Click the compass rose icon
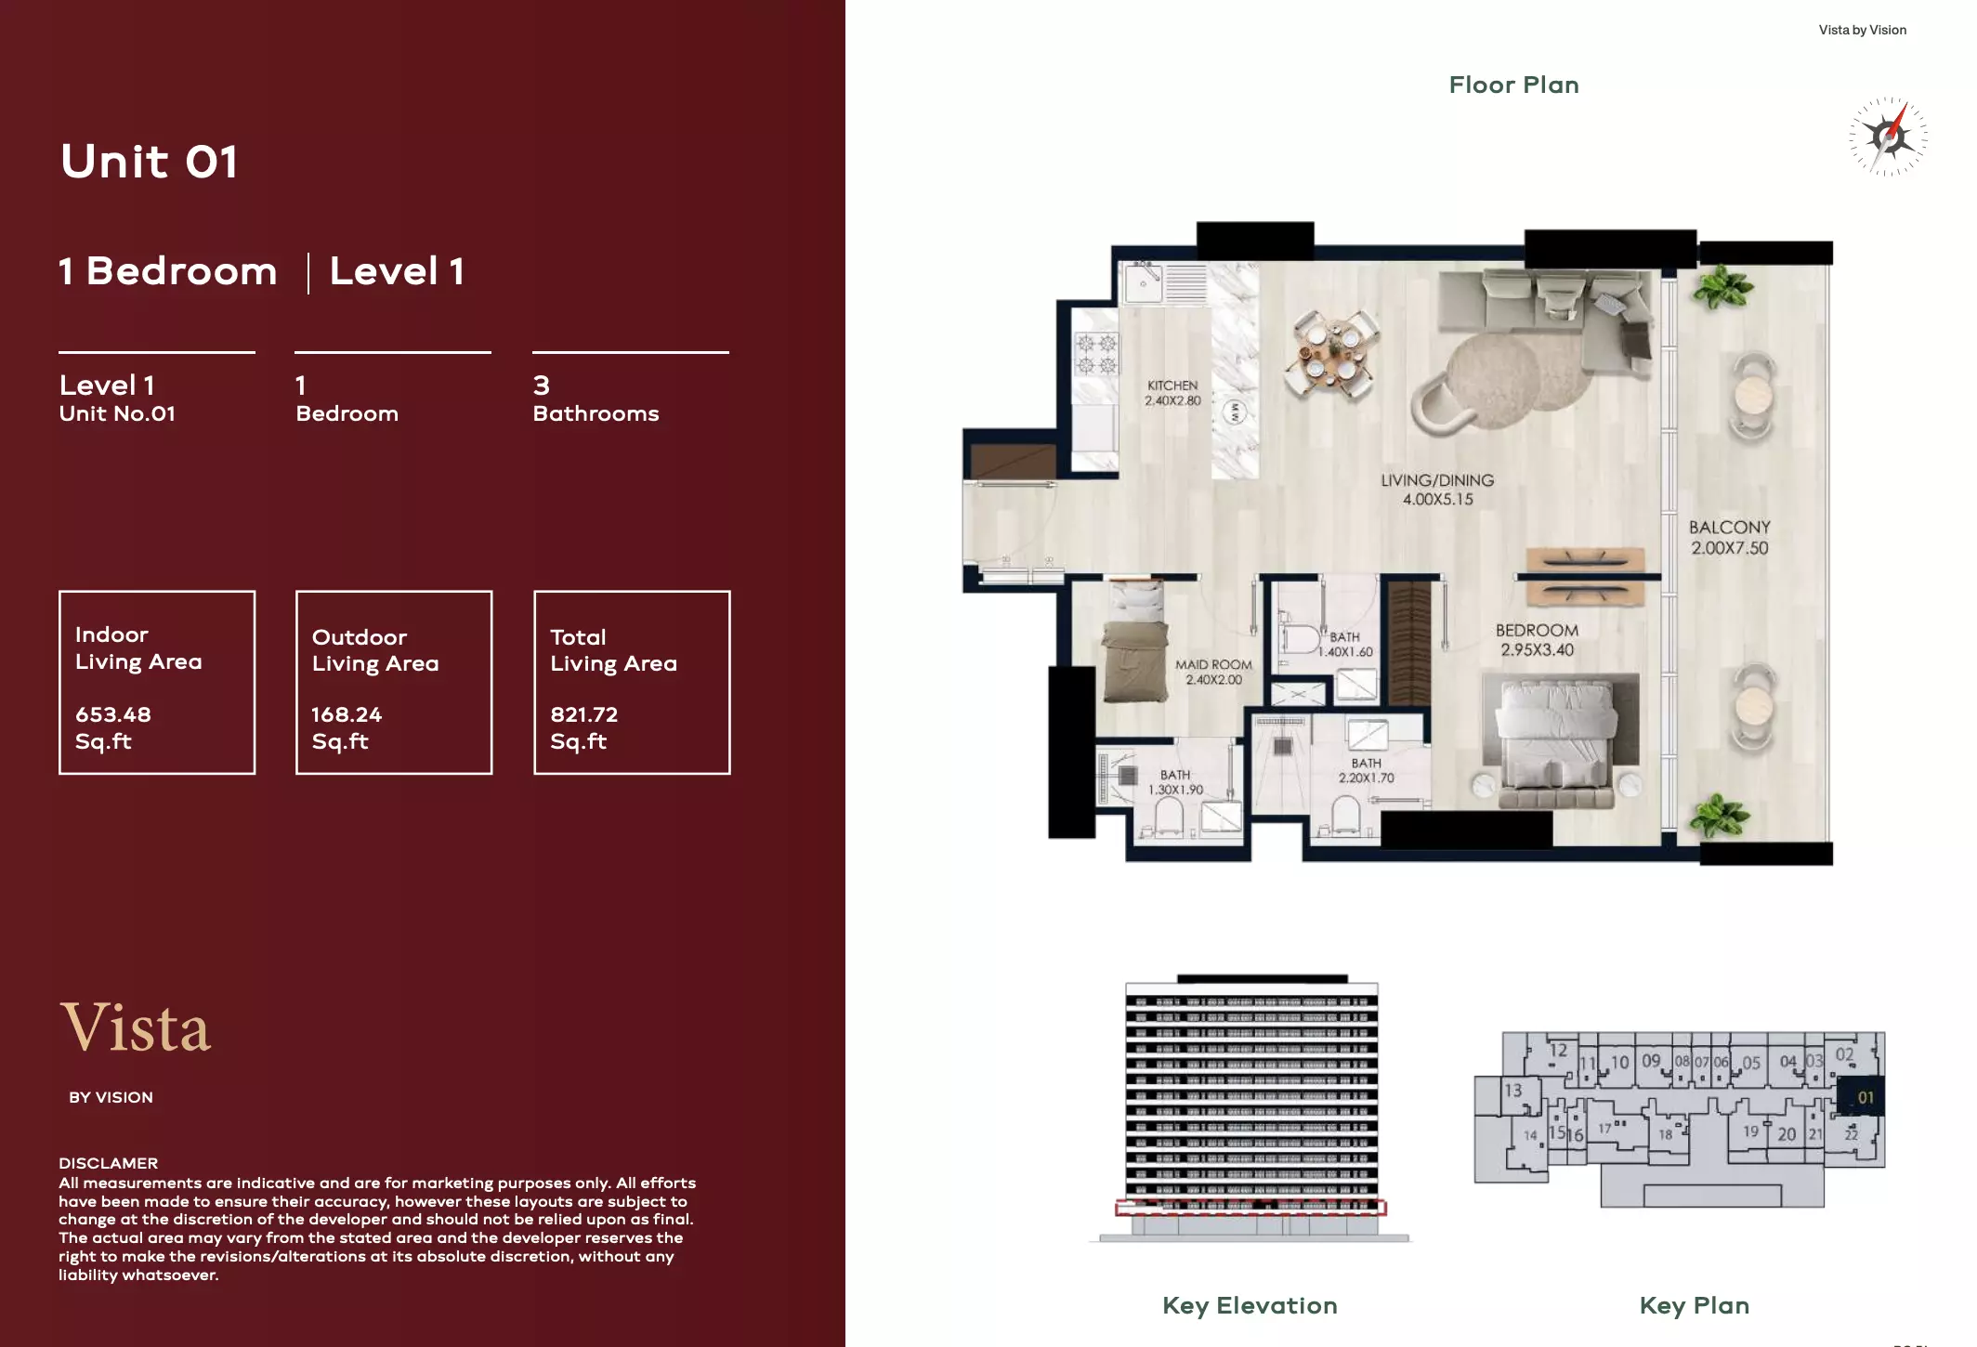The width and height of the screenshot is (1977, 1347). (x=1888, y=137)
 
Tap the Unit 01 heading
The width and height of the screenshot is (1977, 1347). (x=150, y=162)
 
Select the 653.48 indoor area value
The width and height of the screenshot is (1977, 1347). (x=113, y=714)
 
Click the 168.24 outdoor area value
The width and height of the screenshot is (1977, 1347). (x=347, y=714)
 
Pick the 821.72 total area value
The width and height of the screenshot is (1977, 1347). (x=583, y=714)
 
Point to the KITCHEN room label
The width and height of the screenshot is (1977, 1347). (x=1172, y=392)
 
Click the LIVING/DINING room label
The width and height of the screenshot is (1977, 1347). (x=1437, y=489)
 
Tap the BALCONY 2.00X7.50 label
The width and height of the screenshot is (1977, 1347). (x=1729, y=537)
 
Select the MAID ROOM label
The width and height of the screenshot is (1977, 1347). (x=1213, y=672)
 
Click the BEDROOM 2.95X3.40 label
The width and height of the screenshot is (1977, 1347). (x=1537, y=639)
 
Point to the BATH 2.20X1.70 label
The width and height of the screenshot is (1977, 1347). (x=1366, y=770)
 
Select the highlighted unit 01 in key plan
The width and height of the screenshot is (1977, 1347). (x=1863, y=1097)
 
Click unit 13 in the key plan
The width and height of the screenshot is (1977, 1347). (x=1513, y=1090)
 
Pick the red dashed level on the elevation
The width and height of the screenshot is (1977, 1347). (x=1250, y=1208)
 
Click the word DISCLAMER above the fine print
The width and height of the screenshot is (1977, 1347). (x=108, y=1163)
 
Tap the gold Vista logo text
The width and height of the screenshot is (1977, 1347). (x=136, y=1027)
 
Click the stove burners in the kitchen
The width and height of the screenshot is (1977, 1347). (x=1095, y=354)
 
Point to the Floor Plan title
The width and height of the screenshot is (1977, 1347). (x=1513, y=85)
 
